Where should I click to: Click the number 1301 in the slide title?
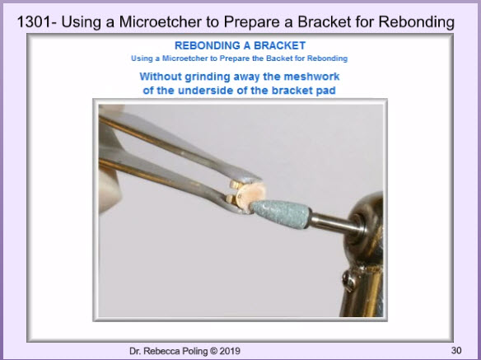pyautogui.click(x=35, y=22)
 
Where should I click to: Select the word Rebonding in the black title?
pyautogui.click(x=416, y=22)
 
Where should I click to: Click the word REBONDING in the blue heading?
pyautogui.click(x=208, y=46)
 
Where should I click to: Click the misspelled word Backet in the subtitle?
pyautogui.click(x=279, y=58)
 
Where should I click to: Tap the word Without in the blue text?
pyautogui.click(x=161, y=76)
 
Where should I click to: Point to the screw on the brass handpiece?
pyautogui.click(x=348, y=280)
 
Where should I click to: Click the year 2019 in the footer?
pyautogui.click(x=230, y=351)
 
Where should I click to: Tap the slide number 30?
pyautogui.click(x=456, y=350)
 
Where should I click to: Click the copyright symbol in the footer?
pyautogui.click(x=213, y=351)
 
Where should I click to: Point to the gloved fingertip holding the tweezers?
pyautogui.click(x=110, y=190)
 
